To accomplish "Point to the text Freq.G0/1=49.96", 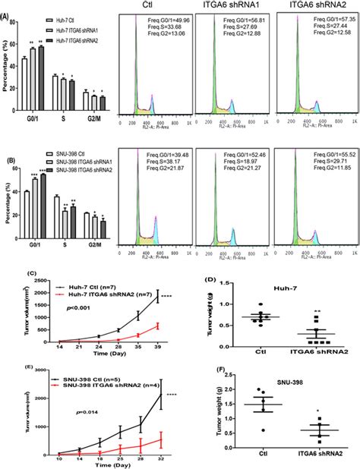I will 161,20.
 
